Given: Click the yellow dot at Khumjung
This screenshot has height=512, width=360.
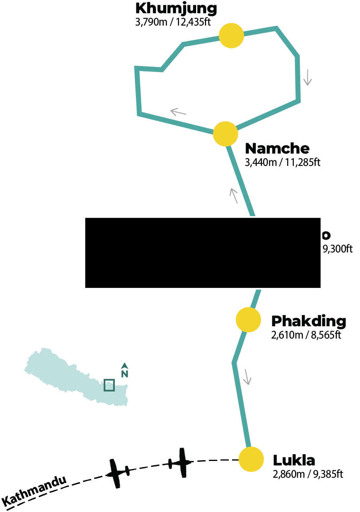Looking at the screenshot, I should tap(231, 35).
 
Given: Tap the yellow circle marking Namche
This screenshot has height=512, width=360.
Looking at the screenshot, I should tap(226, 134).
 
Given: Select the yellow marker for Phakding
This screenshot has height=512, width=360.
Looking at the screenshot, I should tap(248, 319).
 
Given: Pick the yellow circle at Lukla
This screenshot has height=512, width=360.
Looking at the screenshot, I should tap(251, 459).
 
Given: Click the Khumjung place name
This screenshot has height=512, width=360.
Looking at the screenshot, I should tap(176, 8).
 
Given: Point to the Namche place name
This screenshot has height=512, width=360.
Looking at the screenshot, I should tap(277, 148).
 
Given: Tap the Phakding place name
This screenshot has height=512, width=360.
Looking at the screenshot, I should tap(309, 321).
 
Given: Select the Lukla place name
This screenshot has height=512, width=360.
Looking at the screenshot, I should tap(294, 461).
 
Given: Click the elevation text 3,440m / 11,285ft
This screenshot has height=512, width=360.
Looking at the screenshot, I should tap(283, 162).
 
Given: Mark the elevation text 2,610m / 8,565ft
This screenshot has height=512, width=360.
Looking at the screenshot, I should tap(306, 335).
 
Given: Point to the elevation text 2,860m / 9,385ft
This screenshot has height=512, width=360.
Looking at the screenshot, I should tap(307, 474).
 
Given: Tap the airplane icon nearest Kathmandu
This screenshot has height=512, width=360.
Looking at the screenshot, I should tap(117, 473).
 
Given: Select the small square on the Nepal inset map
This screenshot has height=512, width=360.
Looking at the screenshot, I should tap(109, 385).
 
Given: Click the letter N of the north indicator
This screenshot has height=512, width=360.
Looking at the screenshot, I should tap(124, 374).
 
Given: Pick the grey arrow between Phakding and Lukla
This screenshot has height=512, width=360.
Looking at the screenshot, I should tap(247, 377).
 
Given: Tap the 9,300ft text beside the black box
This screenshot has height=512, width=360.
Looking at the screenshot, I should tap(337, 250).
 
